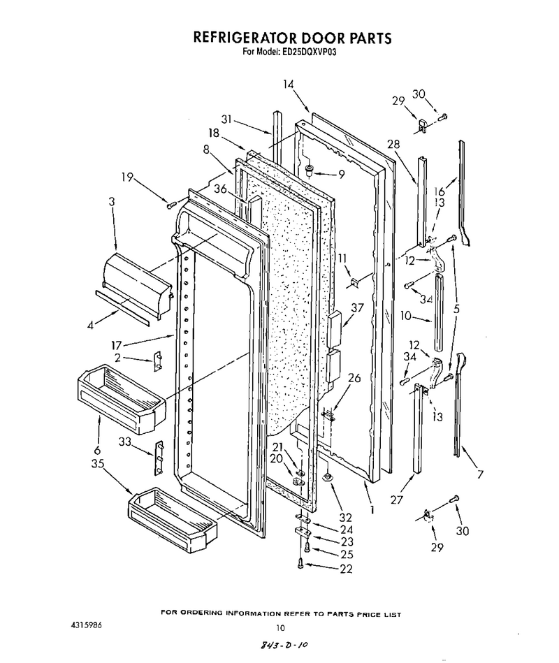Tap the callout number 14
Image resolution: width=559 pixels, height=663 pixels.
289,84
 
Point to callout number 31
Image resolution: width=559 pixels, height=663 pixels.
226,119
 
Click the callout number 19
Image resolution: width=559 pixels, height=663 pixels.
127,177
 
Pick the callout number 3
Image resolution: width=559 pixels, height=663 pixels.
111,201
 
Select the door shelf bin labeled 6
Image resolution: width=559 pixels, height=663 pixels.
122,398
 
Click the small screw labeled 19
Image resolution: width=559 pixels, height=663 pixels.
171,205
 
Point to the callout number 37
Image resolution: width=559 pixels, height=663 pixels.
357,307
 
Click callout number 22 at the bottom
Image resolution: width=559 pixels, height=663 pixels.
346,569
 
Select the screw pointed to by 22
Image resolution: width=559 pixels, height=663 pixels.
300,563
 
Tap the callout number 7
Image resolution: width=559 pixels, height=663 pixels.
479,474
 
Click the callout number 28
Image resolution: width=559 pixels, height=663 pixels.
393,144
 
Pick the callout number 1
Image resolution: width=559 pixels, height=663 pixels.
372,509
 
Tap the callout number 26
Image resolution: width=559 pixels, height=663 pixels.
354,377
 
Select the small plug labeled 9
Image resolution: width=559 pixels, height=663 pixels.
309,170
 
